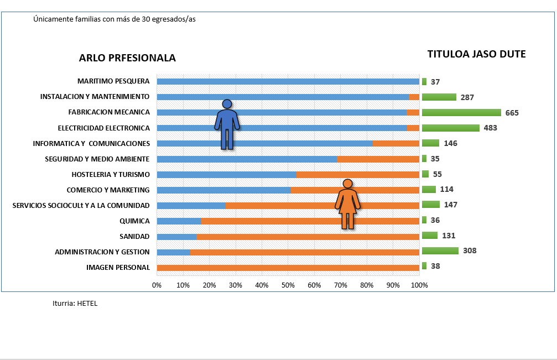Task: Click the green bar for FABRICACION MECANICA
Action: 461,112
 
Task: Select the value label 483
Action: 490,128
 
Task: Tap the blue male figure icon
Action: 227,125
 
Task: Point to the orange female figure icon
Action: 347,204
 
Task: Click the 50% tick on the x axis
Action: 288,285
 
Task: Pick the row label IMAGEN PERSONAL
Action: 118,268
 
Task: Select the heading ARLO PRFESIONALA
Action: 127,58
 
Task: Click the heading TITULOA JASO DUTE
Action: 476,54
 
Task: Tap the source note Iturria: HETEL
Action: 75,304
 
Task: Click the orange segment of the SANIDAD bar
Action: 308,237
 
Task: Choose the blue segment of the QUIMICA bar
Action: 179,221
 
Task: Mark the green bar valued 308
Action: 440,251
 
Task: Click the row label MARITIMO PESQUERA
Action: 113,81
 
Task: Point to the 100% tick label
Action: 419,285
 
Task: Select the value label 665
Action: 512,113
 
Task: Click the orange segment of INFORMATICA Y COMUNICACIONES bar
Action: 396,144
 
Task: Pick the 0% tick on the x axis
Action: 157,285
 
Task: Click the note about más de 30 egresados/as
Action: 114,19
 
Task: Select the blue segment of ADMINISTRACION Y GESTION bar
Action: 174,252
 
